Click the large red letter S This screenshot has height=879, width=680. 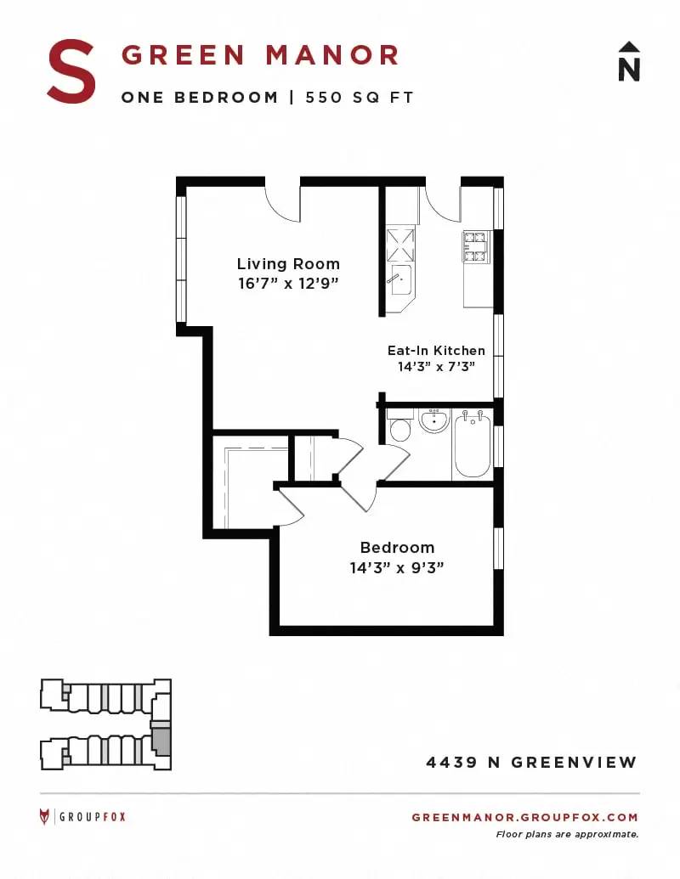pos(71,71)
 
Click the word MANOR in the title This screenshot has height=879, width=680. pos(331,55)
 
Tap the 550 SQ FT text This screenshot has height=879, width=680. pos(359,97)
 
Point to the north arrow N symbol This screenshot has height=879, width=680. pos(629,62)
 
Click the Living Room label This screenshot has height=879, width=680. pos(288,263)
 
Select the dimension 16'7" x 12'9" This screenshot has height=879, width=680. pos(288,283)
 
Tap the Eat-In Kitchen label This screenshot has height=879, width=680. pos(436,351)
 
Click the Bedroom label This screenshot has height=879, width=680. pos(397,547)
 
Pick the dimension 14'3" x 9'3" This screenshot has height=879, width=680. pos(397,568)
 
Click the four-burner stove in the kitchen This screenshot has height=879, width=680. pos(474,246)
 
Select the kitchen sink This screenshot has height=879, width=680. pos(401,279)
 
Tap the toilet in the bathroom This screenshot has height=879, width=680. pos(399,426)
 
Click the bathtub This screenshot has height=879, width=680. pos(473,444)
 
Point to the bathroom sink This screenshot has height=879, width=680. pos(435,420)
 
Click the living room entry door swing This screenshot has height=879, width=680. pos(283,204)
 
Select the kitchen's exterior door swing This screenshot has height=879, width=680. pos(443,203)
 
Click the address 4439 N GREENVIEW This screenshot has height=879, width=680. pos(531,763)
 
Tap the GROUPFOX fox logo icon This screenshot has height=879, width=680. pos(44,817)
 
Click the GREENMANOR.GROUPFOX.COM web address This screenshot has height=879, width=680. pos(524,817)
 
